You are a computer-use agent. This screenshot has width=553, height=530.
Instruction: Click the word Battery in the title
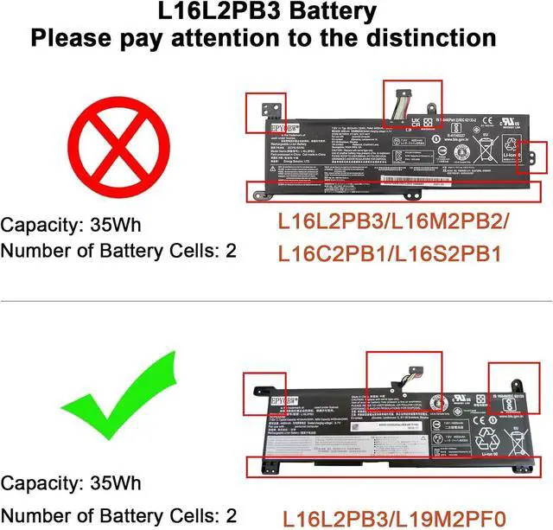[323, 12]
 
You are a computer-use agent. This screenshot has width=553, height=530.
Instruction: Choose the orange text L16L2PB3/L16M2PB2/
[393, 220]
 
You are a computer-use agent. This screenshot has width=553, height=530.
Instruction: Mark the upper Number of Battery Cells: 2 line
[118, 252]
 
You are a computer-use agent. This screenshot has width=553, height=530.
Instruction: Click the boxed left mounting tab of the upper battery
[259, 106]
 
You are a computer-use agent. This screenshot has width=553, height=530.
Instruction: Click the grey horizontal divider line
[276, 301]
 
